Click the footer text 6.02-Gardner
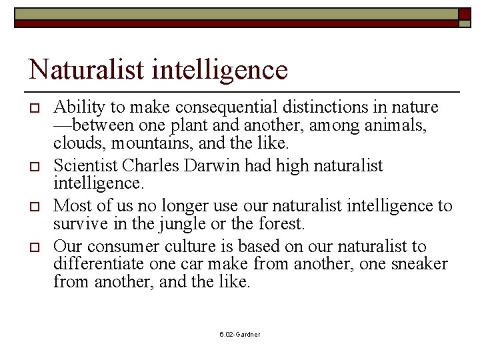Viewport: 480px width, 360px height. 240,334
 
